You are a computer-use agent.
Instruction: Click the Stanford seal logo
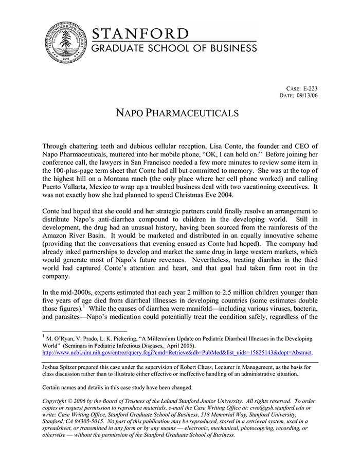coord(65,43)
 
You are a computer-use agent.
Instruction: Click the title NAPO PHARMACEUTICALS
coord(179,113)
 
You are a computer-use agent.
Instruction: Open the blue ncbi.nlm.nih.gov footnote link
coord(177,353)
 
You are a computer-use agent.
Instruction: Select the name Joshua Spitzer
coord(62,367)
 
